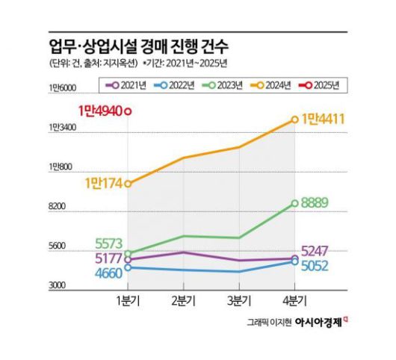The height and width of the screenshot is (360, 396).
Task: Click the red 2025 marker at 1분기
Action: pos(129,112)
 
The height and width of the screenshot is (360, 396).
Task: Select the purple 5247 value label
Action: pos(320,251)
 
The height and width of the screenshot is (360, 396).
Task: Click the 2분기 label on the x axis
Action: pos(184,300)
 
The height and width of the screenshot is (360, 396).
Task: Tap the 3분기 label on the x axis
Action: pos(239,300)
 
